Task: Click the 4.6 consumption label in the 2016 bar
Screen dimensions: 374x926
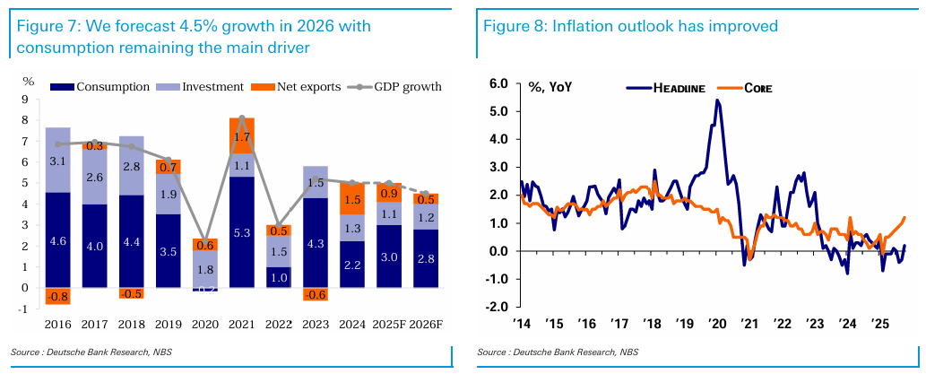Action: coord(57,240)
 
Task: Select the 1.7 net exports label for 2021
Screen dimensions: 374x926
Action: coord(241,137)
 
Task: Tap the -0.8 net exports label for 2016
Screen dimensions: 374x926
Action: coord(57,297)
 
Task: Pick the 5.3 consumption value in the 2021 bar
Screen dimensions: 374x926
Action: coord(241,233)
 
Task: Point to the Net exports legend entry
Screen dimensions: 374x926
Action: coord(299,87)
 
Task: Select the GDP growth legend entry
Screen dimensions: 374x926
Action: coord(400,87)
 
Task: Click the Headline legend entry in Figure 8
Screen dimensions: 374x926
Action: coord(678,88)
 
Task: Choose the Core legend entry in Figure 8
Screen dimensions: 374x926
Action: coord(758,88)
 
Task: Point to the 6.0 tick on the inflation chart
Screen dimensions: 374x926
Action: coord(498,84)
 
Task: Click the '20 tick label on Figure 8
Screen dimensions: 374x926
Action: coord(717,322)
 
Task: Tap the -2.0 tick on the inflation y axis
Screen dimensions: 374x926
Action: coord(496,307)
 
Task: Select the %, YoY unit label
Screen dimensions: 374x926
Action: coord(550,88)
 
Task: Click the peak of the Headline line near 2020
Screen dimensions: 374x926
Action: coord(717,100)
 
